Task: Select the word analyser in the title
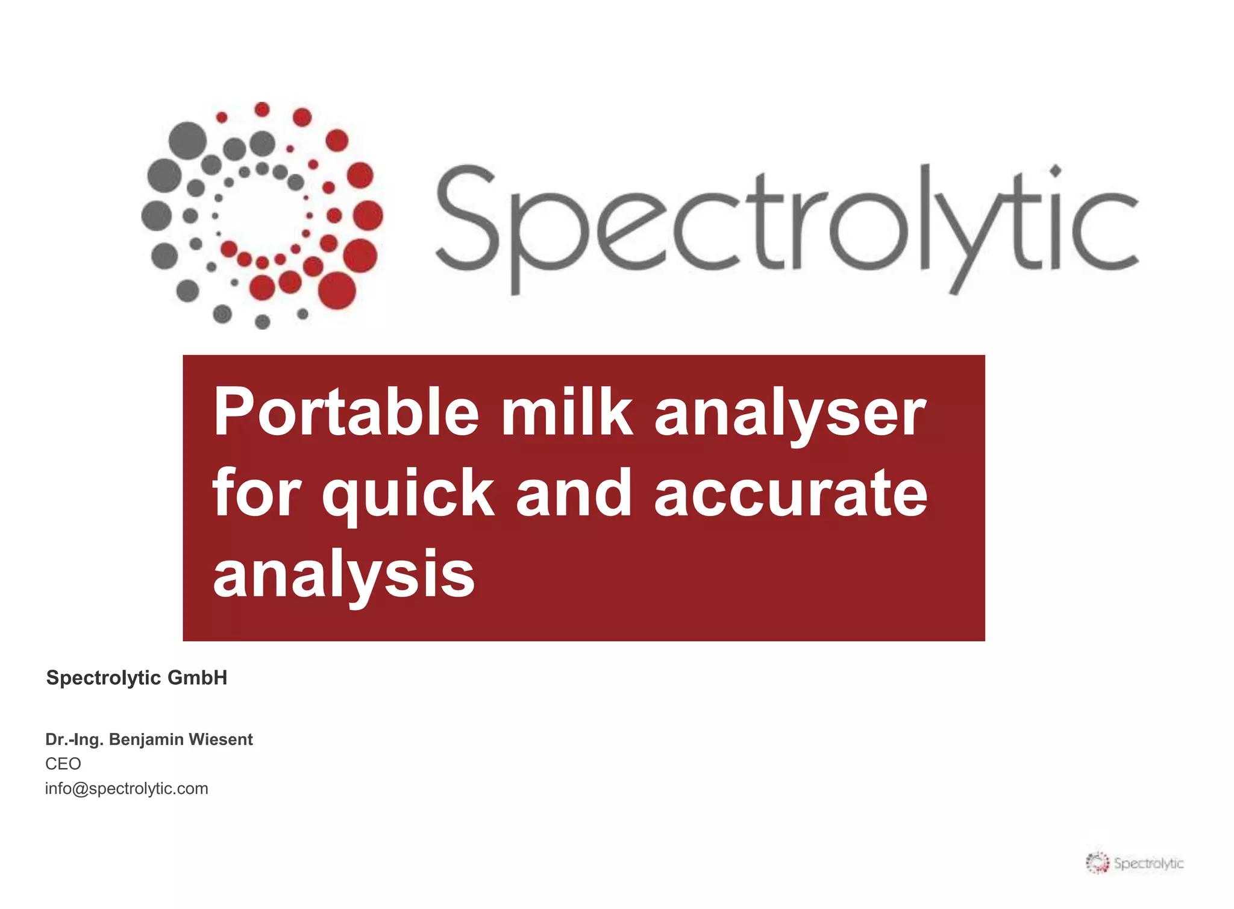[x=790, y=414]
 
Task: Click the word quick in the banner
[x=408, y=494]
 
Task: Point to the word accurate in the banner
[x=791, y=494]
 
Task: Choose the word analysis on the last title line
[x=344, y=576]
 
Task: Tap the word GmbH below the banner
[x=197, y=678]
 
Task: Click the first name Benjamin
[x=146, y=740]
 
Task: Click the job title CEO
[x=63, y=764]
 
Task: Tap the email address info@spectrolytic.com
[x=127, y=788]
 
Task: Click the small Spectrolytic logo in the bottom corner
[x=1135, y=863]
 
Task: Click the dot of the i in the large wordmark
[x=1055, y=171]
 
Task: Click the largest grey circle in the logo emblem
[x=188, y=140]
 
